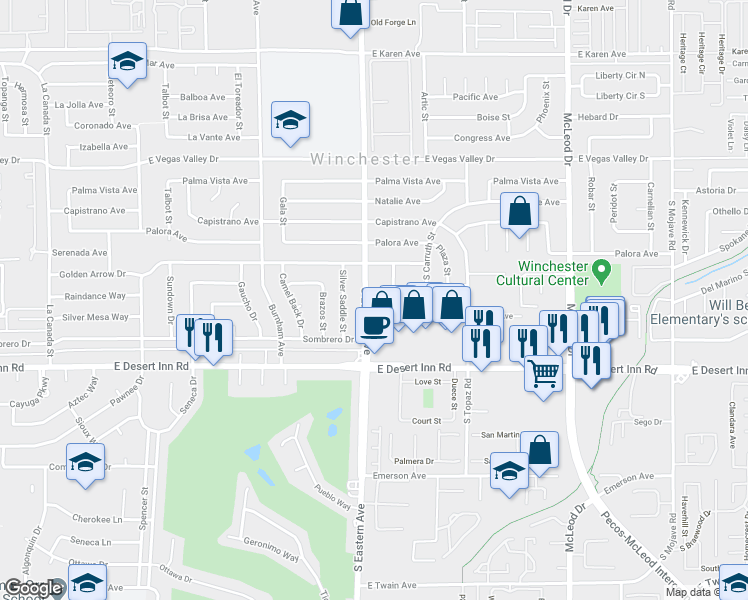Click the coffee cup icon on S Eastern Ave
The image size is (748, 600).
coord(374,327)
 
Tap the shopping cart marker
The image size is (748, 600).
coord(543,374)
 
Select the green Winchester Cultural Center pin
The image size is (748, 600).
coord(602,270)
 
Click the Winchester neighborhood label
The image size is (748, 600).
coord(364,159)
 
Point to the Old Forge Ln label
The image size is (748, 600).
coord(392,22)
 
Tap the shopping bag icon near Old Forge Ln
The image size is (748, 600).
coord(351,14)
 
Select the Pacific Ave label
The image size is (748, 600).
coord(475,97)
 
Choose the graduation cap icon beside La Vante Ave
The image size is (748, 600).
coord(290,121)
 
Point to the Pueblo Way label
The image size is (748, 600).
coord(332,497)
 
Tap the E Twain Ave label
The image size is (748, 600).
coord(398,585)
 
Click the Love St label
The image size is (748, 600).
coord(428,382)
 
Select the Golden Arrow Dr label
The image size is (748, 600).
coord(93,273)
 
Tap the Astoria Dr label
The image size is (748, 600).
coord(716,190)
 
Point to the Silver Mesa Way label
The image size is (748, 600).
coord(95,317)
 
